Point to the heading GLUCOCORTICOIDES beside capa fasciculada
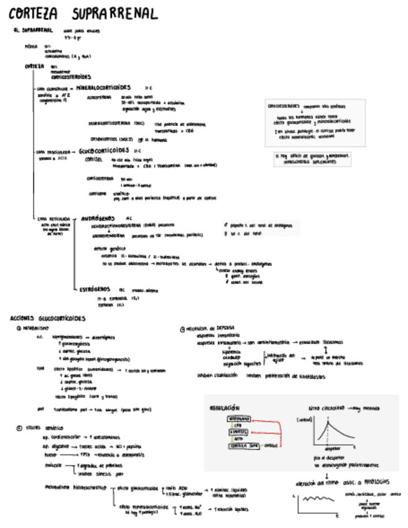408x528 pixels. coord(104,150)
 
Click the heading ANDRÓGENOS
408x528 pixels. coord(99,219)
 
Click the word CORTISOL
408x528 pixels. coord(96,159)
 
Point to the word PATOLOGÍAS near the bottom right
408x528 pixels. coord(373,481)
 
